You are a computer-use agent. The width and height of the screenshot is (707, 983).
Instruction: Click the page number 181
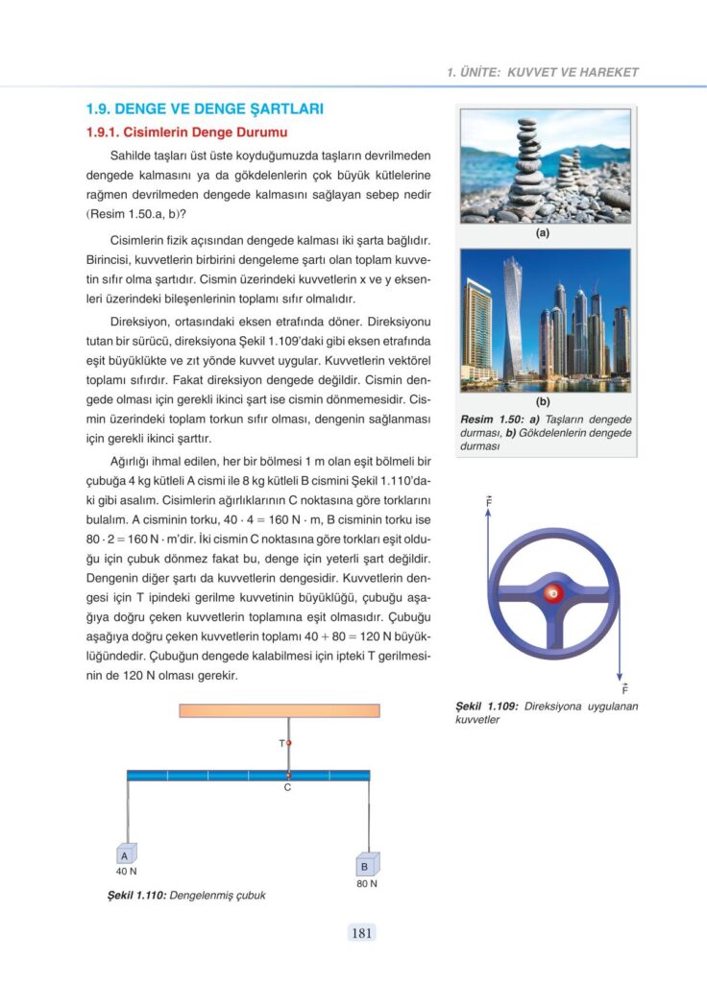coord(362,932)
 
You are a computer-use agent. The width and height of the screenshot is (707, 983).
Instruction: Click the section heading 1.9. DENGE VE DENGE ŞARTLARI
coord(205,109)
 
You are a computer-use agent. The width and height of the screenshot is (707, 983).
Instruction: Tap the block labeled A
coord(125,854)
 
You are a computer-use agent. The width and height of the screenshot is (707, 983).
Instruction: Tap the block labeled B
coord(366,865)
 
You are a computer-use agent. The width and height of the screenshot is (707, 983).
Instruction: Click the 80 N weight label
coord(366,883)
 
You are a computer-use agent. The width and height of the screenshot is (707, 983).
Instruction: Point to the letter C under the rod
coord(286,788)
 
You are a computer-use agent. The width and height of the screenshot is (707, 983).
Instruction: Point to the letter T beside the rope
coord(281,744)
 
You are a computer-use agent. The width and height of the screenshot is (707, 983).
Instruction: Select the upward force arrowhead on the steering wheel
coord(489,513)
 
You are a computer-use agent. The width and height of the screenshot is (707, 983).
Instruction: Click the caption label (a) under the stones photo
coord(545,232)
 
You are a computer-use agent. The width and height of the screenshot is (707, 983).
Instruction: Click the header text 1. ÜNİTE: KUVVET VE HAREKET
coord(543,72)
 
